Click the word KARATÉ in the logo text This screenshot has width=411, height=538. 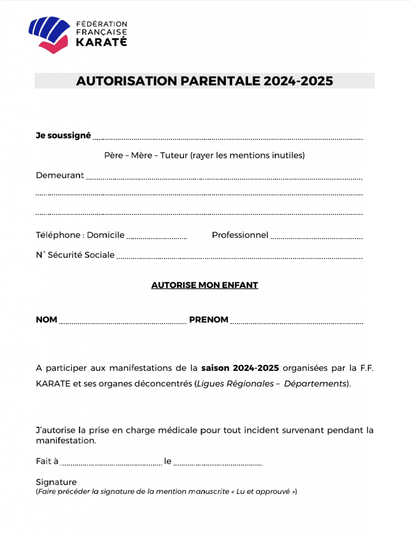101,43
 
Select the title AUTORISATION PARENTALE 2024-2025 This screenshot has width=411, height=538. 204,81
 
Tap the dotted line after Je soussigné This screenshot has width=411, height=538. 228,138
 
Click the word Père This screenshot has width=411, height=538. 113,156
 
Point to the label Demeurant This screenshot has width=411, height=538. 60,175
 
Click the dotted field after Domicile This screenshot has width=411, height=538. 157,237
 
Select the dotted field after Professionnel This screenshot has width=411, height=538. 316,237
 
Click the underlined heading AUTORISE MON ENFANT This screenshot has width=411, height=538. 204,285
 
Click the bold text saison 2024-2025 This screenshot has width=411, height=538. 240,368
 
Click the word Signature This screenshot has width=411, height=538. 56,482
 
